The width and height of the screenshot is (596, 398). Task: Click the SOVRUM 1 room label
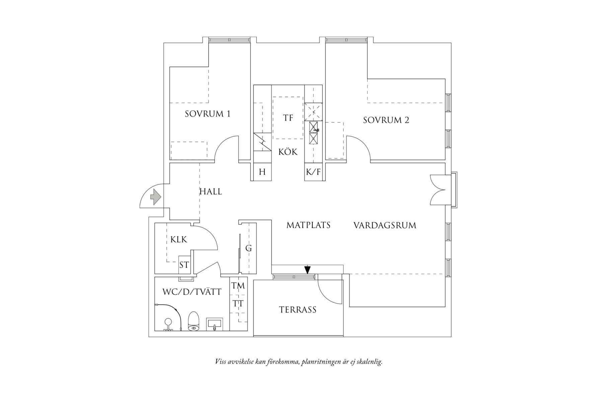coord(208,114)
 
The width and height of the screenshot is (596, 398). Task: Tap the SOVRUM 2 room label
coord(386,120)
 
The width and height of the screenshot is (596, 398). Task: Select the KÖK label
coord(288,152)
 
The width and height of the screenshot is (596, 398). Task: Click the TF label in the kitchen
coord(288,118)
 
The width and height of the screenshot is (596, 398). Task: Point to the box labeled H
coord(262,172)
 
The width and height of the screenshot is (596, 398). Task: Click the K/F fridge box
coord(313,172)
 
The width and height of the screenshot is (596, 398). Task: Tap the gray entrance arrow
coord(156,196)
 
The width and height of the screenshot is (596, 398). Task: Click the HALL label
coord(211,192)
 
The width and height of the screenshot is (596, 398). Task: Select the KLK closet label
coord(179,240)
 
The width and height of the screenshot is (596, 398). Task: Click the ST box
coord(184,265)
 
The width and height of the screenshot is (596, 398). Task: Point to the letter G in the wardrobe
coord(248,248)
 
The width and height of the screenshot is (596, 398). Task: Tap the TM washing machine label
coord(238,286)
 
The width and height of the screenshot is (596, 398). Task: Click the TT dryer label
coord(238,304)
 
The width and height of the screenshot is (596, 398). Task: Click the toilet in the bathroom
coord(194,321)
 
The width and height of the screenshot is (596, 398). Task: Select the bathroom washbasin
coord(215,324)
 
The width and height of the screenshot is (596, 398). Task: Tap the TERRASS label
coord(298,309)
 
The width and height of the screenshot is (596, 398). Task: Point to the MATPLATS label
coord(308,225)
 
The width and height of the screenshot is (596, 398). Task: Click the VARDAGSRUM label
coord(385,225)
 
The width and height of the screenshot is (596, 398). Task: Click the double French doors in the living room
coord(438,189)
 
